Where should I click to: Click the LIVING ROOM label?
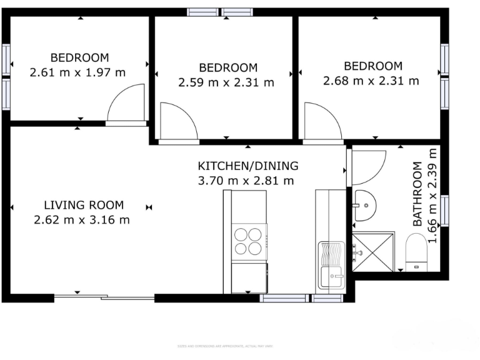(84, 204)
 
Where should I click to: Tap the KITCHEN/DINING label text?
(248, 166)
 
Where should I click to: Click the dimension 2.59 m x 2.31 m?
(226, 82)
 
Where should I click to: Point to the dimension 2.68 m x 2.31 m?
(371, 81)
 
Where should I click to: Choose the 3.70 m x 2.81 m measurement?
(246, 181)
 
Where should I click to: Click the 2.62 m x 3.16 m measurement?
(82, 219)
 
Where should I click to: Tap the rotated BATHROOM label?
(418, 194)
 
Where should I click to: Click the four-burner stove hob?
(249, 241)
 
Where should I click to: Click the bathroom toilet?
(416, 253)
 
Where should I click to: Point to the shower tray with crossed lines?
(373, 252)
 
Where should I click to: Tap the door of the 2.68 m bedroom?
(321, 121)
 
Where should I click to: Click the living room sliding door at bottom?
(103, 297)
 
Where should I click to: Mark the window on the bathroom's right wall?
(444, 210)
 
